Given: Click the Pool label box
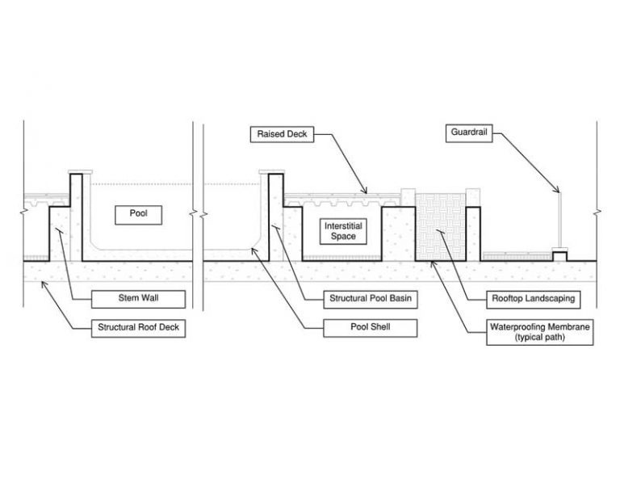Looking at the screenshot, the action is pyautogui.click(x=138, y=215).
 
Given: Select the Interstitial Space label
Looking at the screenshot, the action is pyautogui.click(x=343, y=231).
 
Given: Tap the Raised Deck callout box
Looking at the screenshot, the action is pyautogui.click(x=282, y=134).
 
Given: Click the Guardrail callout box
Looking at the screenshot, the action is pyautogui.click(x=469, y=133).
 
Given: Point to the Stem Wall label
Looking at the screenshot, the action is pyautogui.click(x=138, y=299).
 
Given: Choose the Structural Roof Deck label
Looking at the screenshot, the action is pyautogui.click(x=138, y=328).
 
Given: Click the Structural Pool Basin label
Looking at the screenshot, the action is pyautogui.click(x=371, y=299).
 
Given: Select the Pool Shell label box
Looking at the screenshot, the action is pyautogui.click(x=371, y=328).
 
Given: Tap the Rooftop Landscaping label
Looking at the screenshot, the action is pyautogui.click(x=534, y=300).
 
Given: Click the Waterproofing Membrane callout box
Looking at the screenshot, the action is pyautogui.click(x=540, y=332).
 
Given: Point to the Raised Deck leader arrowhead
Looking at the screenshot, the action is pyautogui.click(x=366, y=191).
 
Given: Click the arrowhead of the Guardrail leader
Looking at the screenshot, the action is pyautogui.click(x=559, y=191).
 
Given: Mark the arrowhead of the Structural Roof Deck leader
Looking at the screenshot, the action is pyautogui.click(x=43, y=283).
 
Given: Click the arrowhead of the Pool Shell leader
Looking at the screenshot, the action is pyautogui.click(x=253, y=249).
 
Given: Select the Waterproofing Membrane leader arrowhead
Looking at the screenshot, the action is pyautogui.click(x=432, y=263).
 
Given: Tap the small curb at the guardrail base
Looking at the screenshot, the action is pyautogui.click(x=559, y=255).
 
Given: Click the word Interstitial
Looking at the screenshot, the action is pyautogui.click(x=343, y=226).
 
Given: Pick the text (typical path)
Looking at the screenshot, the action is pyautogui.click(x=540, y=338).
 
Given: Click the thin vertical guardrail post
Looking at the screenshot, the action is pyautogui.click(x=559, y=220).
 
